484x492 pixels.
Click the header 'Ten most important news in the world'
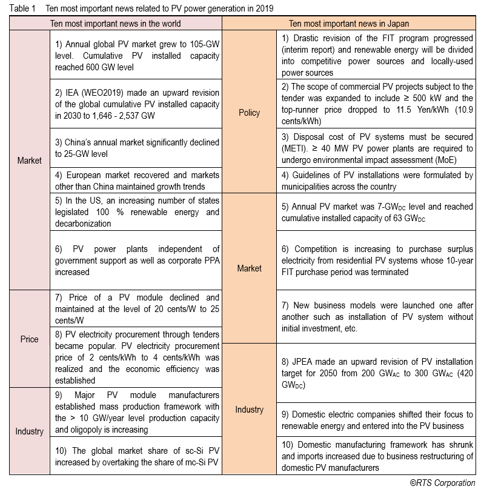115,24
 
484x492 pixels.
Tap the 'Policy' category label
249,113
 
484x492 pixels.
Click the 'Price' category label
30,339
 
